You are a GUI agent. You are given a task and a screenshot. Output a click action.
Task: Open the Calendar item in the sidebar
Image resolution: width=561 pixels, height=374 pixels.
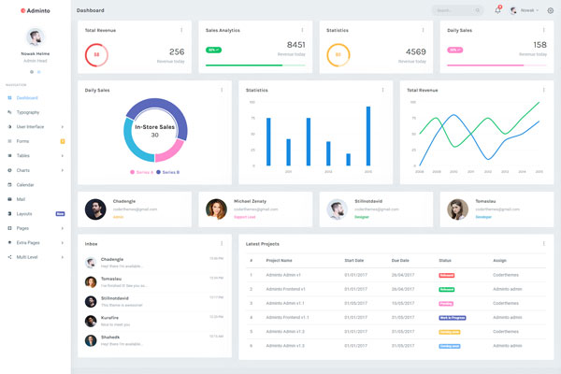click(25, 184)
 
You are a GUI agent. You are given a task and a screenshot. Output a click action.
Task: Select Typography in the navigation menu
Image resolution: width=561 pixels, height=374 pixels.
click(28, 112)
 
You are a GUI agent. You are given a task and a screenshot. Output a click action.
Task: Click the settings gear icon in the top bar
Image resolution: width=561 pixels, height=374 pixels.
click(550, 10)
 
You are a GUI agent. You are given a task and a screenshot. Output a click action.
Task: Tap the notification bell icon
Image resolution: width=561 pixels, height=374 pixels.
click(497, 10)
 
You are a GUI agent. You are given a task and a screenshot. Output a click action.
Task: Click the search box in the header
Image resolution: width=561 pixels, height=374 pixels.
click(456, 10)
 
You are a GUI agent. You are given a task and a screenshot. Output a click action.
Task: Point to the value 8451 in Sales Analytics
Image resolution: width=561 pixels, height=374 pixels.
click(295, 45)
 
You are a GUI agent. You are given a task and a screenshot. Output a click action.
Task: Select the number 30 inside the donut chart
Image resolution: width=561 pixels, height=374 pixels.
click(154, 135)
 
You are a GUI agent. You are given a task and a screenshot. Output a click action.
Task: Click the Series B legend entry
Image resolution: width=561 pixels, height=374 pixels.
click(169, 172)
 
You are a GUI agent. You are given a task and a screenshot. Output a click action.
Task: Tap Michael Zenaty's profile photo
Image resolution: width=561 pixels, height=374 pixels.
click(216, 209)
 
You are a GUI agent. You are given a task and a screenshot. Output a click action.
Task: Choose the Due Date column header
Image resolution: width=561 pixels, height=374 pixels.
click(401, 260)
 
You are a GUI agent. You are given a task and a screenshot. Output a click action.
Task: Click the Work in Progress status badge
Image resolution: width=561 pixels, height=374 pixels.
click(450, 318)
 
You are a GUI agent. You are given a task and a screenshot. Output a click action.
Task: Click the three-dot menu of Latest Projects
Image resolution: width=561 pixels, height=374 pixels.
click(543, 243)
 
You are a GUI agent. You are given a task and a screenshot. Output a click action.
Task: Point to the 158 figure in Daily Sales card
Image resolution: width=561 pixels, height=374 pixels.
click(539, 45)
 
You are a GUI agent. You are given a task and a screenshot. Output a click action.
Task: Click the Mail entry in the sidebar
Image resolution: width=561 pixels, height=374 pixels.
click(21, 199)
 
